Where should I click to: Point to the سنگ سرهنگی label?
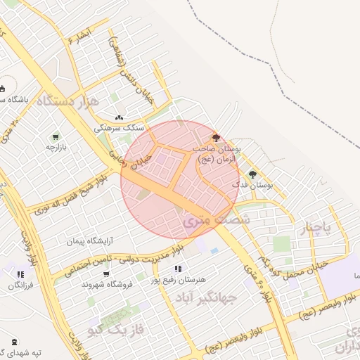124,129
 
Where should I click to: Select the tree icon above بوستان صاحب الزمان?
215,138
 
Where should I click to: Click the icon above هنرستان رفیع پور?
179,268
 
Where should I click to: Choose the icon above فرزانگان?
20,274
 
